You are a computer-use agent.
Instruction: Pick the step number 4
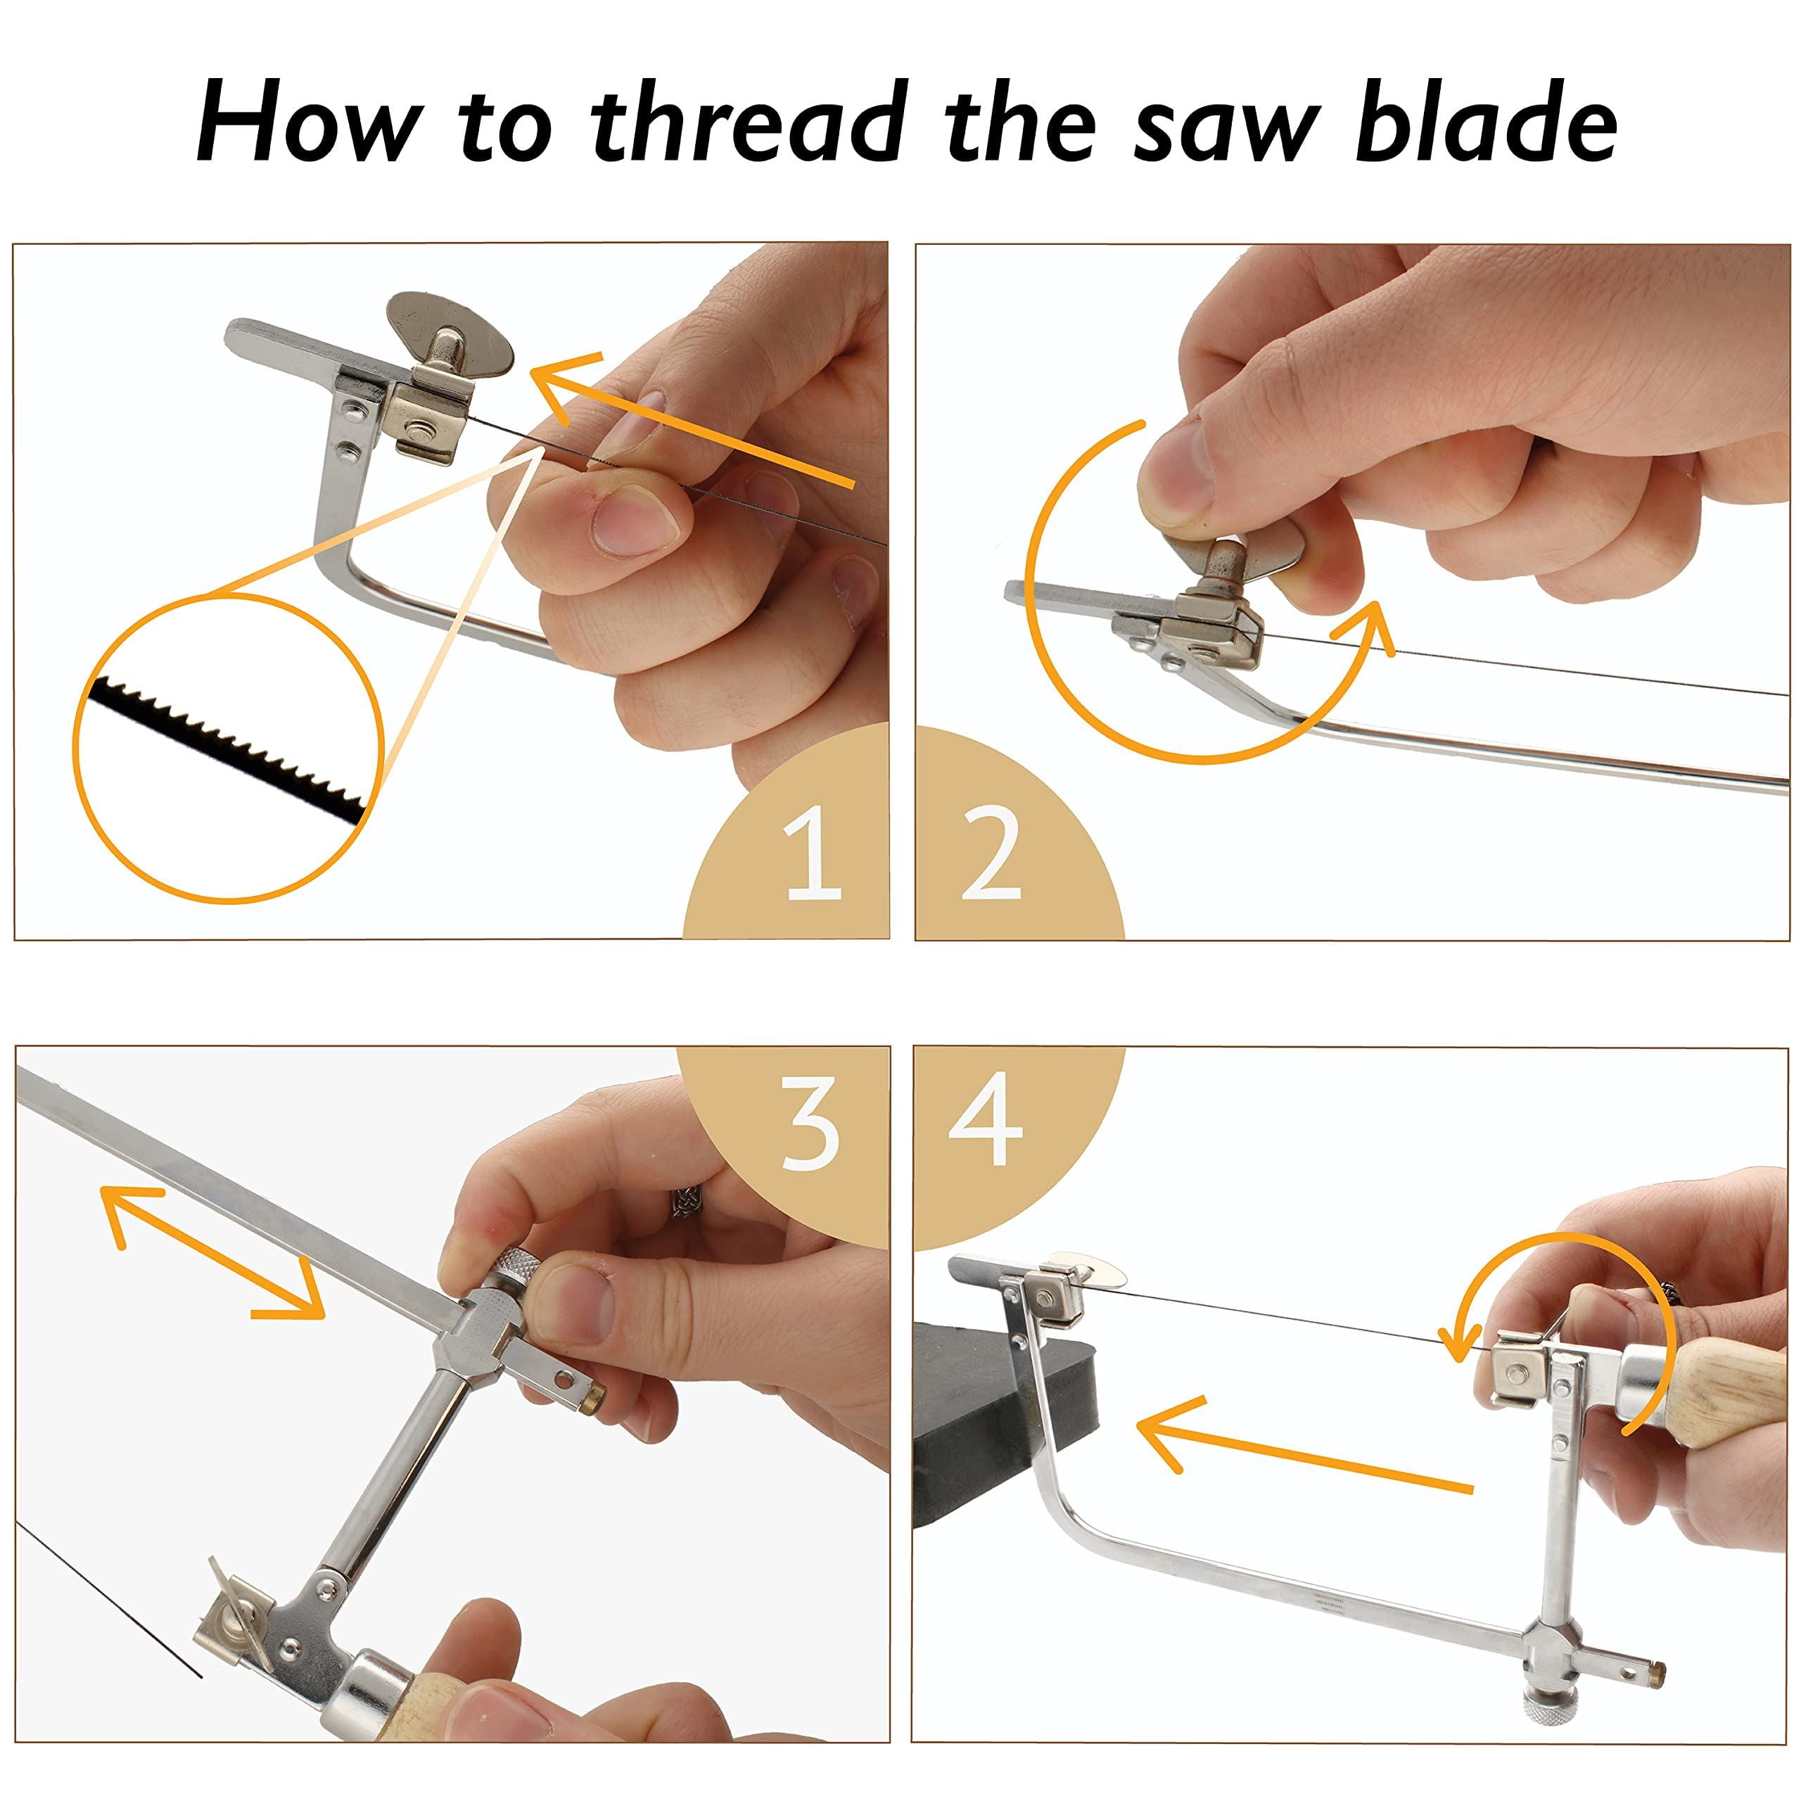[x=986, y=1119]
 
